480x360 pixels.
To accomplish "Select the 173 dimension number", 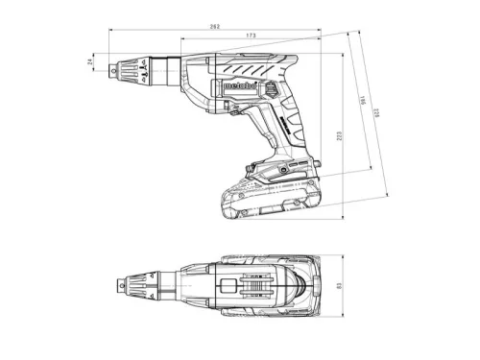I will (251, 36).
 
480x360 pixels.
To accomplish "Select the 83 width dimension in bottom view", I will (352, 286).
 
